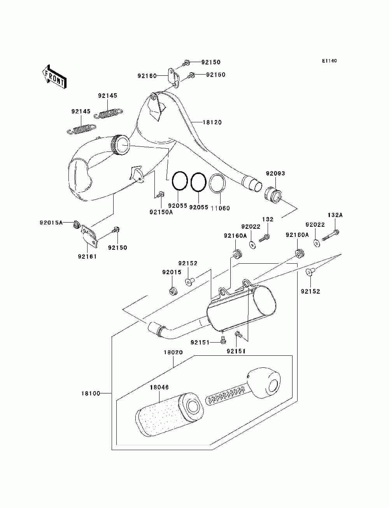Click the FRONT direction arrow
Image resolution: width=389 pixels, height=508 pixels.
(54, 77)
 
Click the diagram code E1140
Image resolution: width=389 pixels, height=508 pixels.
(329, 61)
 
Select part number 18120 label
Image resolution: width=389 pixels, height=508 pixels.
(212, 122)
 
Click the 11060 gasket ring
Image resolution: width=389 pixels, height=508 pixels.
(217, 183)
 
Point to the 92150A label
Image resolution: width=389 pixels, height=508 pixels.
(161, 212)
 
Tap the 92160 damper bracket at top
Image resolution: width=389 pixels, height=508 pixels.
(173, 78)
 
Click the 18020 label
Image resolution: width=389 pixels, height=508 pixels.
(173, 352)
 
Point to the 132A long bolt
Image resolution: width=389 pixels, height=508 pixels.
(331, 235)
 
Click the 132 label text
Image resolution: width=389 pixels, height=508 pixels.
(268, 219)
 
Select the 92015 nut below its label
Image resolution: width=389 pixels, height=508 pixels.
(172, 291)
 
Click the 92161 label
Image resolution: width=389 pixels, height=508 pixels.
(87, 256)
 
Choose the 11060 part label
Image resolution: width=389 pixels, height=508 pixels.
(220, 208)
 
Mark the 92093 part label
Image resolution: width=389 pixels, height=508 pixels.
(275, 173)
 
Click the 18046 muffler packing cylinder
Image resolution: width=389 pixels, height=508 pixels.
(169, 415)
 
